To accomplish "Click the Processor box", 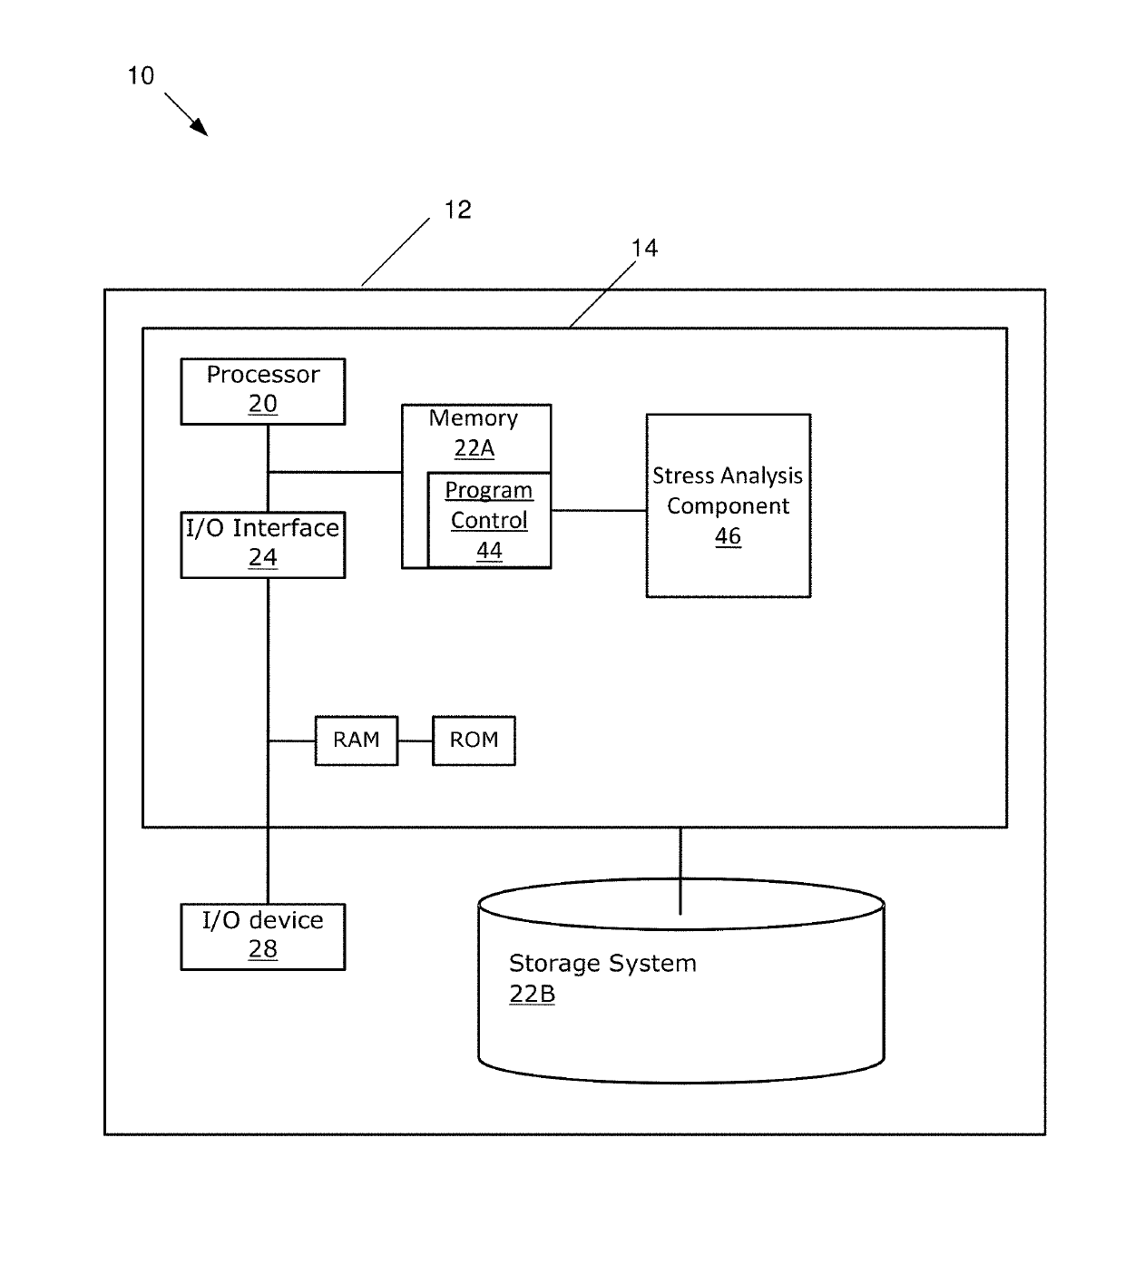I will (262, 390).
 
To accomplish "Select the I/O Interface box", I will (262, 544).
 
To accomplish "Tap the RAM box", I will (356, 740).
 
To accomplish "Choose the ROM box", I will (474, 740).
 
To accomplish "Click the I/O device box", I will (262, 936).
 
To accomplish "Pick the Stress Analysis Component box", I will (728, 505).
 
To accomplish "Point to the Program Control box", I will (489, 520).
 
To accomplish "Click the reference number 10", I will (141, 76).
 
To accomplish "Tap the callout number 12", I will (457, 211).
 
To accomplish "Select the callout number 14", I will (644, 249).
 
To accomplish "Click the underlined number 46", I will (728, 536).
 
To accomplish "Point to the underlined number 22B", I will (532, 995).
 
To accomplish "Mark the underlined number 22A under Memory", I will (474, 448).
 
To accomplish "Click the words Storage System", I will (602, 964).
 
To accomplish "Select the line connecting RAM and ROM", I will (415, 740).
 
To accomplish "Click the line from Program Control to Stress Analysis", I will (598, 510).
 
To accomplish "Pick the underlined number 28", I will (262, 950).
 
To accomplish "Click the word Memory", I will (474, 418).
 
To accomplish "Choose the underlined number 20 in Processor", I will (262, 405).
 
